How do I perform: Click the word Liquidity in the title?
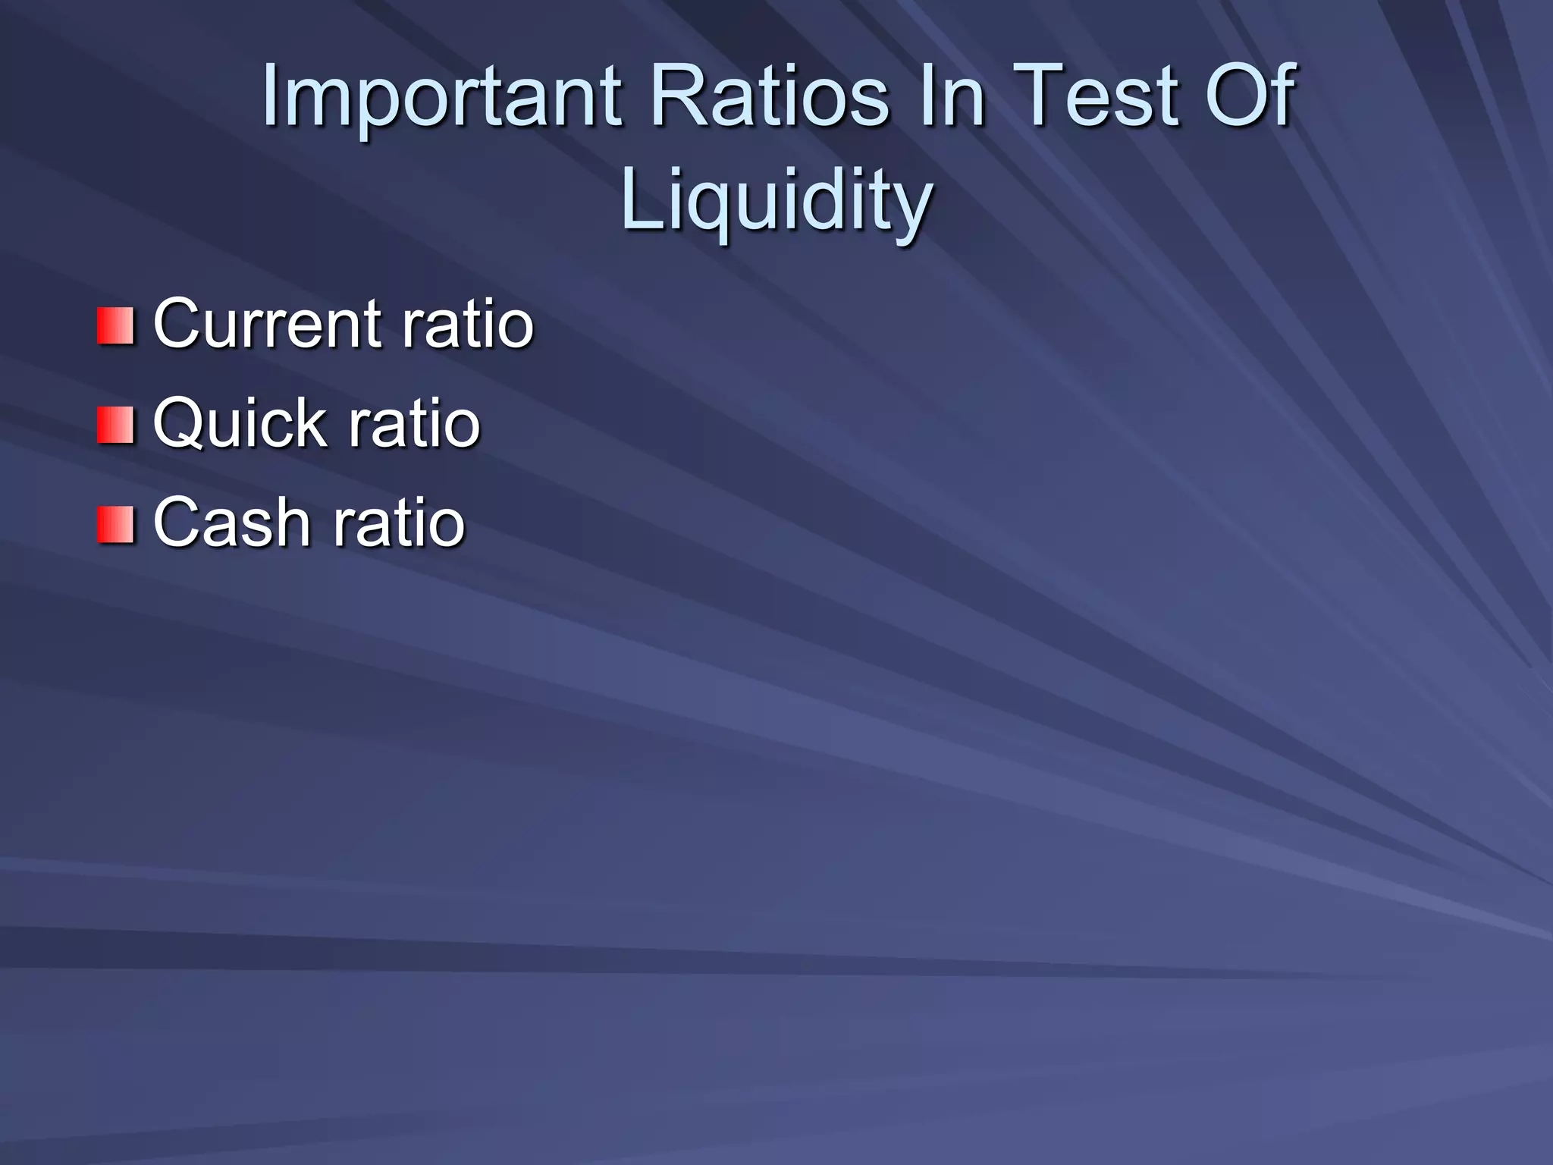(776, 202)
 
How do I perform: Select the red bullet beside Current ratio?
(115, 325)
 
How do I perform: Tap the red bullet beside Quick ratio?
(115, 425)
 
